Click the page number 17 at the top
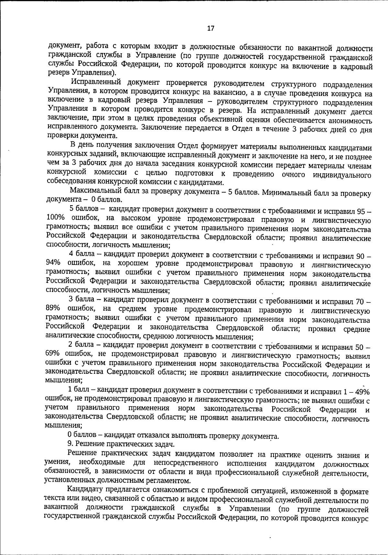tap(210, 28)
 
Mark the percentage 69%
tap(53, 355)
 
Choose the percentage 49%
tap(361, 392)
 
